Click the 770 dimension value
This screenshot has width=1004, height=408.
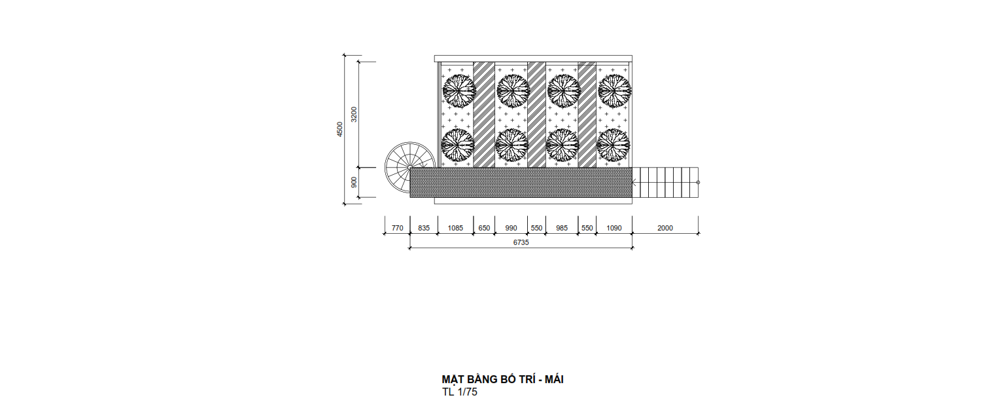[x=397, y=228]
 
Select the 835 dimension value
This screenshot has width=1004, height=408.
[x=424, y=228]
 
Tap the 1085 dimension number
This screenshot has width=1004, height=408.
[x=455, y=228]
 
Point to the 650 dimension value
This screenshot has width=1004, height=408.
[x=484, y=228]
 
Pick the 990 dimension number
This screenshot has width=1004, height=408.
[x=511, y=228]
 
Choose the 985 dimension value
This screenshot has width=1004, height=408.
[x=562, y=228]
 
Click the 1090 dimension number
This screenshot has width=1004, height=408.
[x=614, y=228]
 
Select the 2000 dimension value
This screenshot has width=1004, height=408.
[x=665, y=228]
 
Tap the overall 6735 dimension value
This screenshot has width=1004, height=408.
[x=521, y=242]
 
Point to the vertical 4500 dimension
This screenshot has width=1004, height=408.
[x=339, y=129]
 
